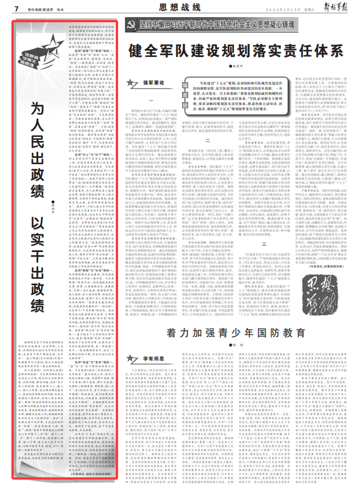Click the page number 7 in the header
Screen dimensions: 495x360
17,9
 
